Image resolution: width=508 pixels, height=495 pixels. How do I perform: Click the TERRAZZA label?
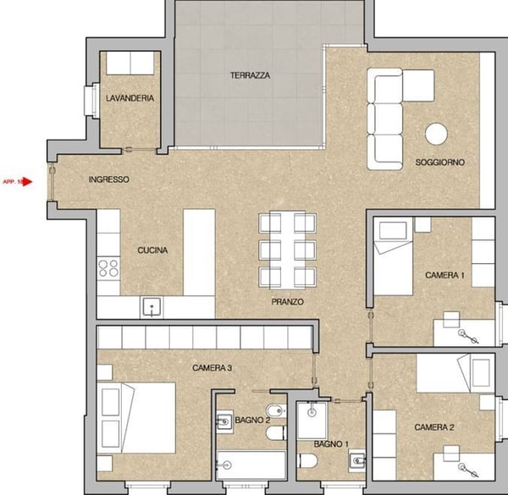point(250,75)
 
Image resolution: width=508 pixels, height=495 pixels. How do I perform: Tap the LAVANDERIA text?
point(130,98)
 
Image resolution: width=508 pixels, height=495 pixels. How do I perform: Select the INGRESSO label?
point(108,179)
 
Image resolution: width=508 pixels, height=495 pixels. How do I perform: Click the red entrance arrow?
point(27,181)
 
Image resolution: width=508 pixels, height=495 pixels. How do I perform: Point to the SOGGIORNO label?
point(439,162)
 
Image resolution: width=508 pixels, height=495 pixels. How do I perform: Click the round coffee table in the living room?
point(437,135)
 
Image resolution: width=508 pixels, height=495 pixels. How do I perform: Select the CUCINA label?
point(152,250)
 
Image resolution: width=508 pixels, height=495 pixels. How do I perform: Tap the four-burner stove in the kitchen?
point(108,268)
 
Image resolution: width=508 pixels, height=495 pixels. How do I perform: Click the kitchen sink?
point(152,306)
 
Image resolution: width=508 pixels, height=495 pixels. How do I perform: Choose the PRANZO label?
point(288,301)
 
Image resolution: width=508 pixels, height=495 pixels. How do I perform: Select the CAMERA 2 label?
point(434,427)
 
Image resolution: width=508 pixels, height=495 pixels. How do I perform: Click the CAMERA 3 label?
point(213,367)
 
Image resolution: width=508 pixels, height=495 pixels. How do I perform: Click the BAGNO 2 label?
point(230,420)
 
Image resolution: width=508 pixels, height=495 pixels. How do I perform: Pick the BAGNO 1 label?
point(330,444)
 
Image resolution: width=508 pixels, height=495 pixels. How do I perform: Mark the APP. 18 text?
point(12,181)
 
